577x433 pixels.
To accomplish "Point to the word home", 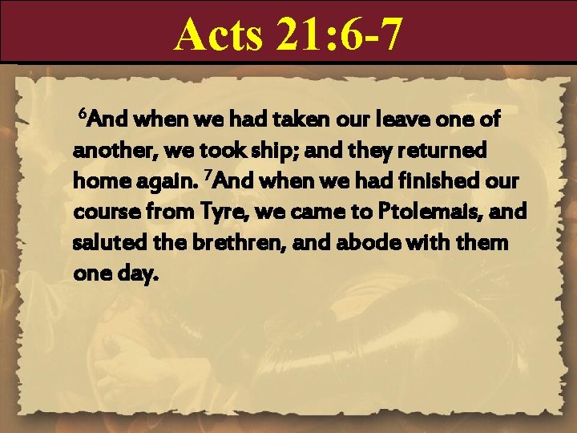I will click(x=97, y=181).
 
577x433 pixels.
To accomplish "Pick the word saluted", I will click(x=106, y=242).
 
